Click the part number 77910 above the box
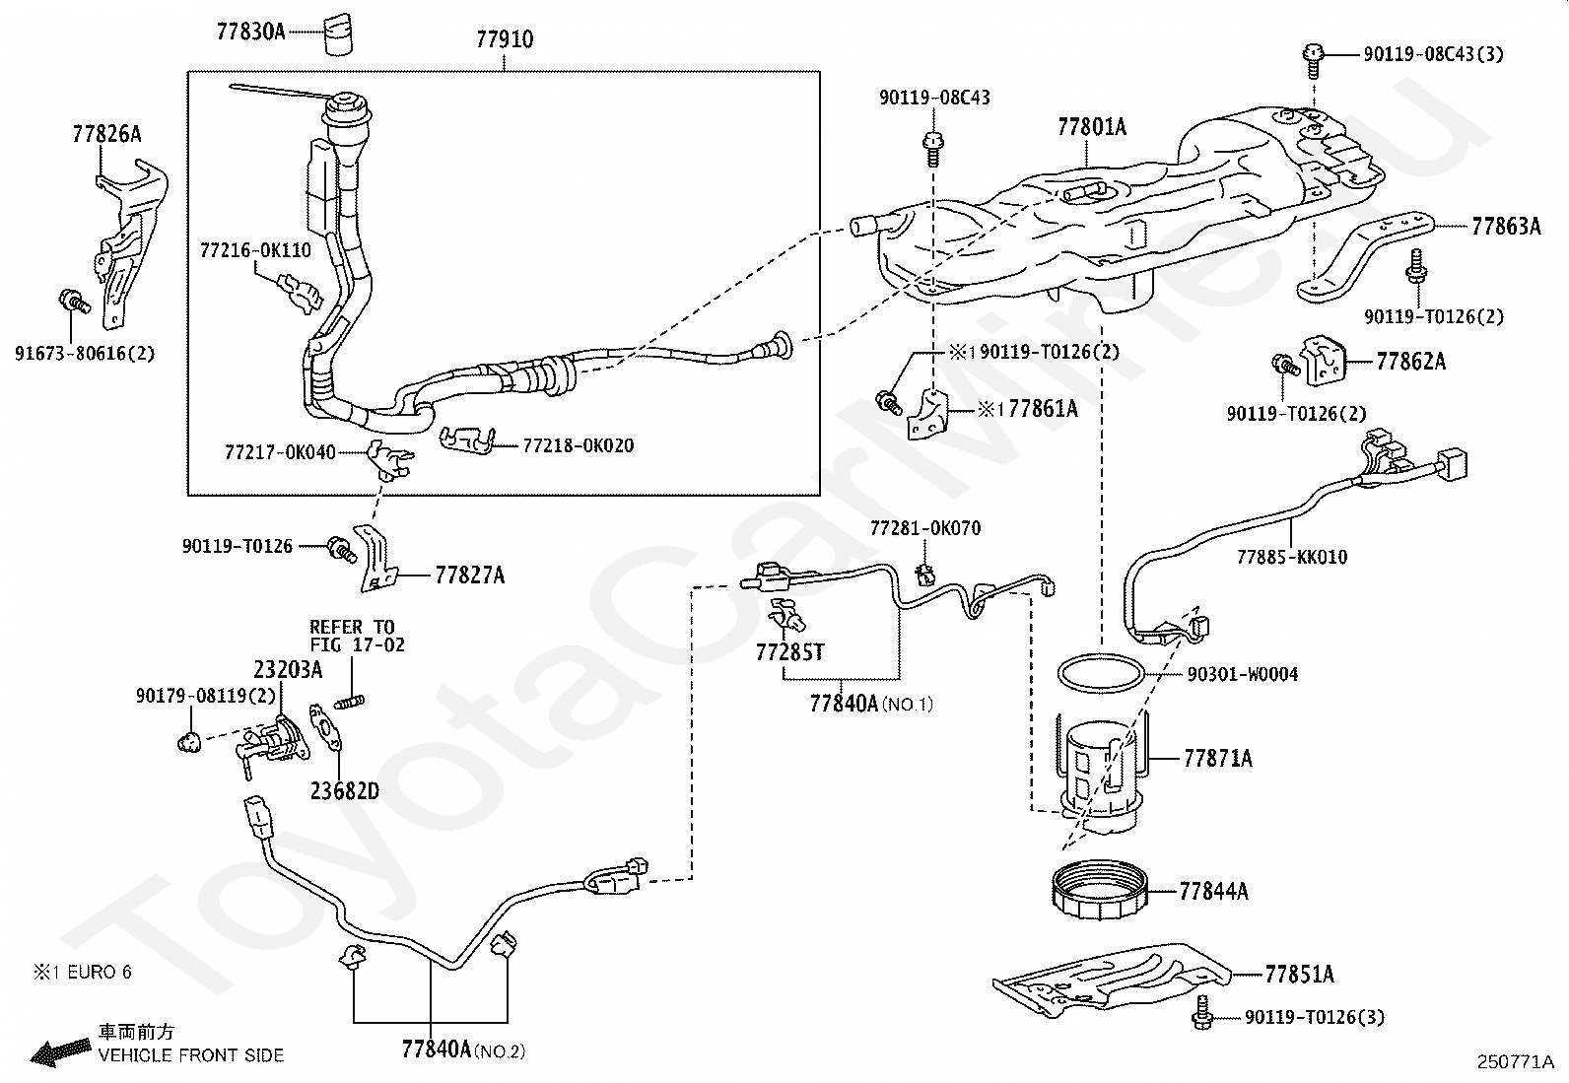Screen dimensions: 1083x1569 coord(504,40)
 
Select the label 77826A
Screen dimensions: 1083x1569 coord(106,134)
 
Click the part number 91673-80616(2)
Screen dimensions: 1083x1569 coord(85,352)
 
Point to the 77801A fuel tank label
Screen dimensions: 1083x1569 coord(1091,127)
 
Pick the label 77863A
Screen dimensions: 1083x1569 coord(1505,227)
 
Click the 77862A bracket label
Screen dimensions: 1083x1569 coord(1410,362)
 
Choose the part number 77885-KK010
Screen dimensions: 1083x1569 coord(1292,558)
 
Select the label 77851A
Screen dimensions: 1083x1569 coord(1299,975)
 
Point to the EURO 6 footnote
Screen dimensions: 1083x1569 coord(83,973)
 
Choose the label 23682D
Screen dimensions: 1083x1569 coord(344,791)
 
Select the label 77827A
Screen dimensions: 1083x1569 coord(469,575)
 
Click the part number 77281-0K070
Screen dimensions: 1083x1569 coord(924,529)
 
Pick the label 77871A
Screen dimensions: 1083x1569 coord(1217,759)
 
